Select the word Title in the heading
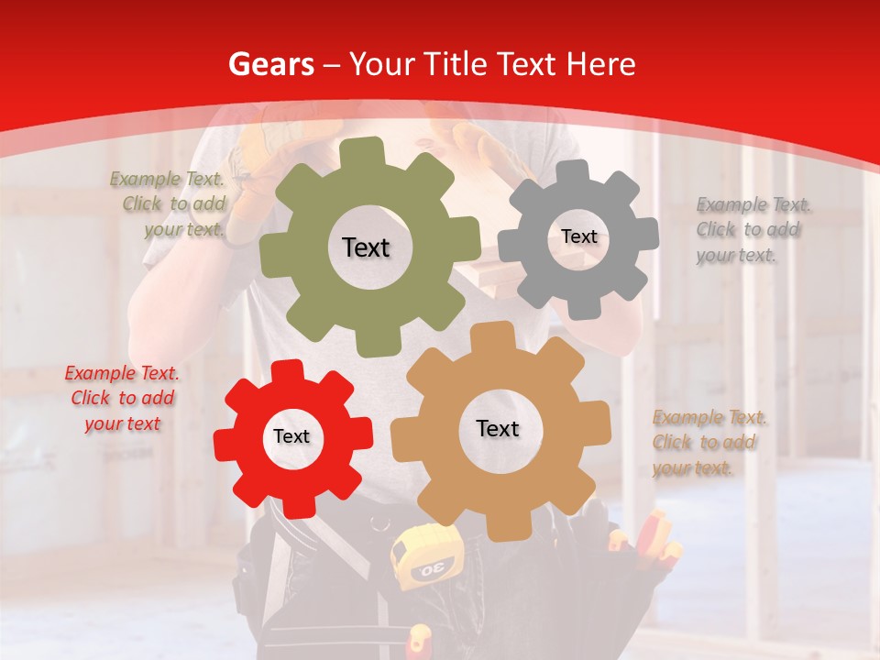455,64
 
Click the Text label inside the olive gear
366,247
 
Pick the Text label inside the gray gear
578,236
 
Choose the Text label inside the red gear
291,436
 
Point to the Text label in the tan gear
498,428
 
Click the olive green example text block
170,203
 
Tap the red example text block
122,398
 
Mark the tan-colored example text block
708,443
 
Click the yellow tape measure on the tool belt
421,559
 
